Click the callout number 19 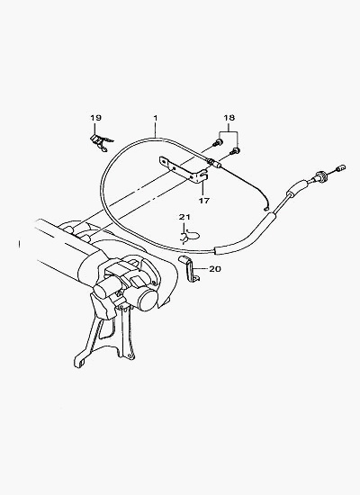95,118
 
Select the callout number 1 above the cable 156,118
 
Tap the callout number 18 229,118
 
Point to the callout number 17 204,200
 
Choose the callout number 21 184,217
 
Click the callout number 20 215,269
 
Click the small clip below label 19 101,142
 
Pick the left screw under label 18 217,143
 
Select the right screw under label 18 235,151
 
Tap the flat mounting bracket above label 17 184,170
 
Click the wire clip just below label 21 189,237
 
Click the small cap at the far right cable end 342,168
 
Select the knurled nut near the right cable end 320,175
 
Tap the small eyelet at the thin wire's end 265,208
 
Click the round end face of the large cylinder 149,301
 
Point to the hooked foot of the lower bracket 79,361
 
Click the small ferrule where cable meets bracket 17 214,163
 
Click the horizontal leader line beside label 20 201,269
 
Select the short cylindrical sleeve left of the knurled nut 296,188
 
